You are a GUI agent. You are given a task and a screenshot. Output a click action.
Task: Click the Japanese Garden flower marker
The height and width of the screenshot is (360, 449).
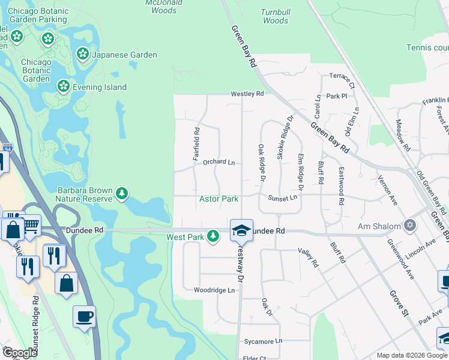83,55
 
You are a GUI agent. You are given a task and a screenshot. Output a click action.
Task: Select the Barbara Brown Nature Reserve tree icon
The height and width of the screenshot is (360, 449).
122,193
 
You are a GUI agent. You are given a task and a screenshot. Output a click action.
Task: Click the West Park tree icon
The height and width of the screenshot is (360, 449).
212,236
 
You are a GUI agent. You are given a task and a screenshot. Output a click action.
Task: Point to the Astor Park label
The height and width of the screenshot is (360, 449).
218,199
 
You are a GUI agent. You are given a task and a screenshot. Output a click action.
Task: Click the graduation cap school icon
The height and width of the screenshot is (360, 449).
240,229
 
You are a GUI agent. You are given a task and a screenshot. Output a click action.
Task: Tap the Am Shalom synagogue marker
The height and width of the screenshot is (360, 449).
410,226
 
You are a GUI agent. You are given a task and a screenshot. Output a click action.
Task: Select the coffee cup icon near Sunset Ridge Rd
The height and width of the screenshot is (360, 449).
84,316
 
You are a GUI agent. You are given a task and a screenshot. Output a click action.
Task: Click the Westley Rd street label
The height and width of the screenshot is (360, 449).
247,94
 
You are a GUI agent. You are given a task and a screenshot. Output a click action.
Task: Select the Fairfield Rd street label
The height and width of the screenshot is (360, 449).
196,143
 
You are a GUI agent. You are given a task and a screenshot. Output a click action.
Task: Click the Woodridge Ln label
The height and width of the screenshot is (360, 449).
214,290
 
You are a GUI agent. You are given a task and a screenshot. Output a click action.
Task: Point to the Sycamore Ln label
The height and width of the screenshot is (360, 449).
262,341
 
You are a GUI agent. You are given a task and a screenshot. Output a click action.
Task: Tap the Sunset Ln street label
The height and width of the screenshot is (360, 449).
283,198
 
